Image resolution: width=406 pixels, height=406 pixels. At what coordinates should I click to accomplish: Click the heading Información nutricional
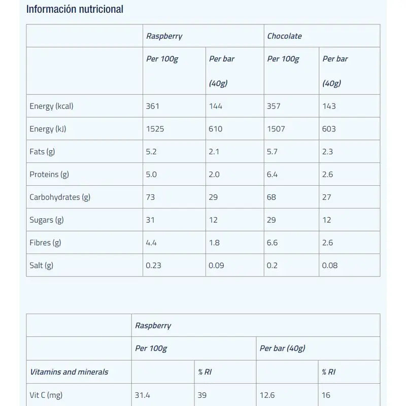(75, 9)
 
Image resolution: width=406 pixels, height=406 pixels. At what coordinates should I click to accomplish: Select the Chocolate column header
(284, 36)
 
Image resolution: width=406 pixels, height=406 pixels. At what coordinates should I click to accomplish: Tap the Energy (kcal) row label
(51, 106)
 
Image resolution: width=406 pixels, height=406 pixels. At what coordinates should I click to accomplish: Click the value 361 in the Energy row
(153, 106)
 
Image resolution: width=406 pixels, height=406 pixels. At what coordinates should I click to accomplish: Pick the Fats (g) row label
(42, 152)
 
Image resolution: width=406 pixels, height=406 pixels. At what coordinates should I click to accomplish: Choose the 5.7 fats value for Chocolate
(273, 152)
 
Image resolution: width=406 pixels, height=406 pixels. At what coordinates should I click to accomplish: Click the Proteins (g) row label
(49, 175)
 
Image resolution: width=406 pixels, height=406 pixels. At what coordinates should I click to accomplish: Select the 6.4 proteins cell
(273, 175)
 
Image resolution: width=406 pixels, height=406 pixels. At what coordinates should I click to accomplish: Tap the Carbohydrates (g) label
(60, 197)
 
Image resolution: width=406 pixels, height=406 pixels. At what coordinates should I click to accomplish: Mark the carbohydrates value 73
(150, 197)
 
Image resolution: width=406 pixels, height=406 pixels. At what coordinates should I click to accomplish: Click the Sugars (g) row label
(46, 220)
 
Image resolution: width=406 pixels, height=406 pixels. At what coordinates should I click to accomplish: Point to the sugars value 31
(150, 220)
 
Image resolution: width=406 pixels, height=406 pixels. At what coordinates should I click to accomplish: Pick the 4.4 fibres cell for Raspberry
(151, 243)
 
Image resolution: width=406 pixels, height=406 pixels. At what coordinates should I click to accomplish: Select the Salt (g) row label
(41, 265)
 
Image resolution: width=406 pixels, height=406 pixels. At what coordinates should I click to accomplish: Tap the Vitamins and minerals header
(69, 372)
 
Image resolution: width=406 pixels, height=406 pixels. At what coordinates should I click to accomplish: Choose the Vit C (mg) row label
(46, 395)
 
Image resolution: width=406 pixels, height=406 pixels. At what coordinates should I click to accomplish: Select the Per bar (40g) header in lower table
(282, 349)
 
